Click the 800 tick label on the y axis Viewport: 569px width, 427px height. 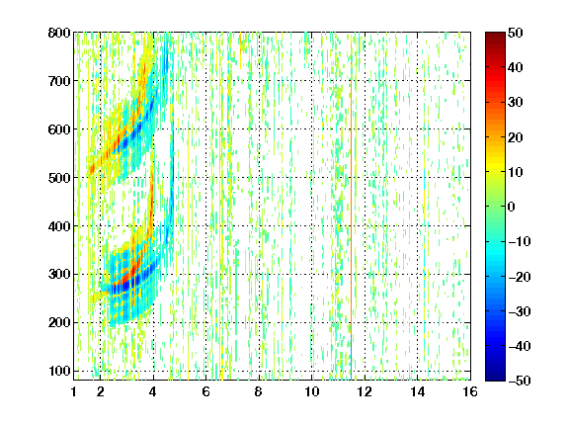(59, 33)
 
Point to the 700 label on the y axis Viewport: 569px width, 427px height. (59, 81)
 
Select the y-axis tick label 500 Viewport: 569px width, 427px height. (59, 178)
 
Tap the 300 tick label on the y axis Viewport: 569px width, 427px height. (59, 274)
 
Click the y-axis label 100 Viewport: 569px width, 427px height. (59, 371)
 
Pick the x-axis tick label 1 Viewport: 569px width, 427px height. (74, 391)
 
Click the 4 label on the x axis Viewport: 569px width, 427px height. (153, 391)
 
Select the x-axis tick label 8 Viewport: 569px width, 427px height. (259, 391)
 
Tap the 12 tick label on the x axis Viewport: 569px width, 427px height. (365, 391)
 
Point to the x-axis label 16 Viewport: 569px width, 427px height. (470, 391)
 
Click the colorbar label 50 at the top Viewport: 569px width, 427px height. (516, 33)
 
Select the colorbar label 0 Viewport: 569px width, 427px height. (512, 207)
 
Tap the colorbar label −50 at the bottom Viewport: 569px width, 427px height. (520, 381)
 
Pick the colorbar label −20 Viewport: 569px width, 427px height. (520, 277)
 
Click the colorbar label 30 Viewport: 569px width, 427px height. (516, 103)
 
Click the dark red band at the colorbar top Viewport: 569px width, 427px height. (495, 39)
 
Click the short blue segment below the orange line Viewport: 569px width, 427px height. (352, 357)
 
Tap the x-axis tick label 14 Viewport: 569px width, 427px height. (417, 391)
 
